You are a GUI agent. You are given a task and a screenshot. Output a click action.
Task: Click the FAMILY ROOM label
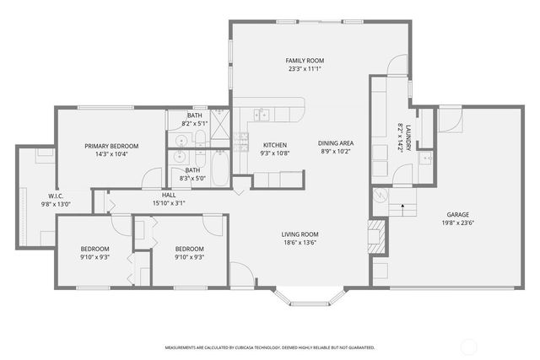tap(304, 61)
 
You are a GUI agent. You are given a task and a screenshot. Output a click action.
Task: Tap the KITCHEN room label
tap(275, 144)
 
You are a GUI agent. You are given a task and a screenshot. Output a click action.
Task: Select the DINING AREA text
tap(336, 143)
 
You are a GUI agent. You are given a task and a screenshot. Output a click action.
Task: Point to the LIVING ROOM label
tap(300, 234)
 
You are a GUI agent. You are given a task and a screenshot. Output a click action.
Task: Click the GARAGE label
tap(458, 214)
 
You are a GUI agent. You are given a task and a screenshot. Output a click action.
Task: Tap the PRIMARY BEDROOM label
tap(111, 146)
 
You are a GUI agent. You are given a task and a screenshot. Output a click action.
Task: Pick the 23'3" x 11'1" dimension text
tap(304, 70)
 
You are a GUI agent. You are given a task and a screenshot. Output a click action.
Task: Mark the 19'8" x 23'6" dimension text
tap(458, 223)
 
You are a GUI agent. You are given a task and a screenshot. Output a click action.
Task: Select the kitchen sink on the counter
tap(263, 115)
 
